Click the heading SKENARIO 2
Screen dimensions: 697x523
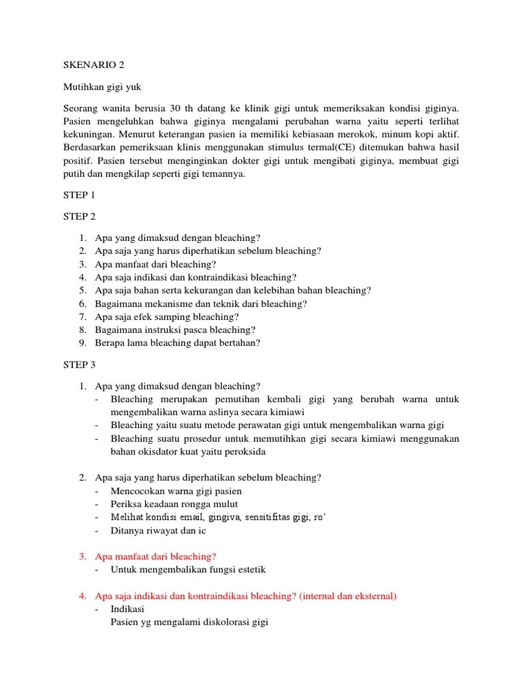94,65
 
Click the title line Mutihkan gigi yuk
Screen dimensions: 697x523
102,87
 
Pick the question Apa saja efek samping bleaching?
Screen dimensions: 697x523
167,317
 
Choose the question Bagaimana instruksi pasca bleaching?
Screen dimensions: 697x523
175,329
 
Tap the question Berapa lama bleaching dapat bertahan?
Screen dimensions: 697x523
178,343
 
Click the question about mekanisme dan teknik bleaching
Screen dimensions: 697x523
201,304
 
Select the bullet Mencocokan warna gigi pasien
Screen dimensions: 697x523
176,491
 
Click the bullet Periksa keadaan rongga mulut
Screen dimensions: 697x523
174,504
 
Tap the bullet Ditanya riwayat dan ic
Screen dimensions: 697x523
158,530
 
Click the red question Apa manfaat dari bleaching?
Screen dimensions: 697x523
155,556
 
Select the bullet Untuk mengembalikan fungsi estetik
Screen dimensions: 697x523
188,569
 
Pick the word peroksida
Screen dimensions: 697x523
241,451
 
